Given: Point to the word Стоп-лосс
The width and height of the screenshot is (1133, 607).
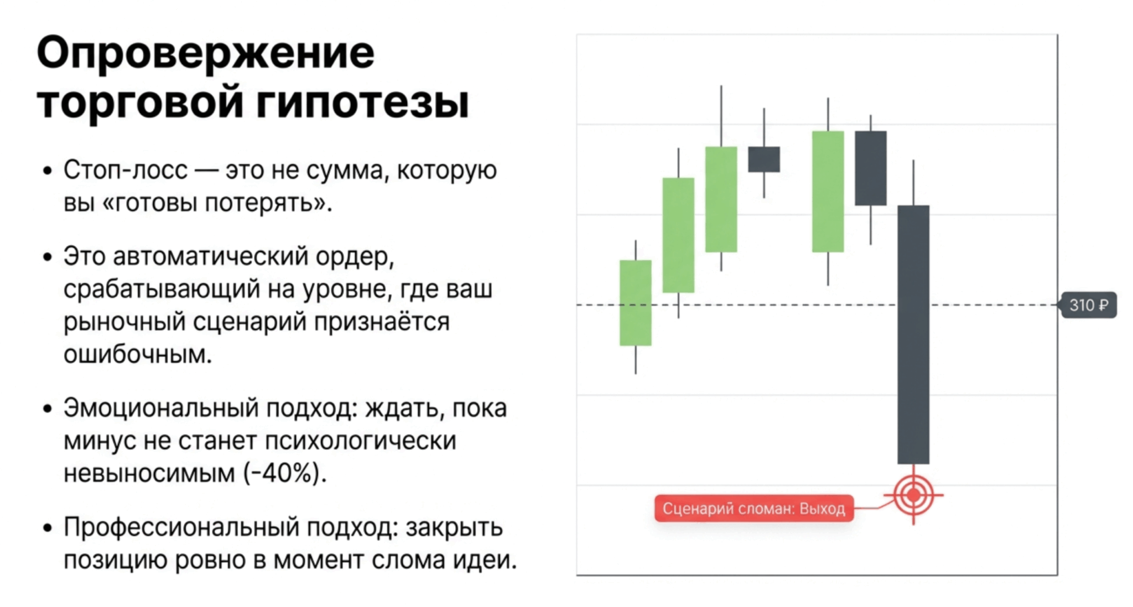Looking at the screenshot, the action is pos(126,170).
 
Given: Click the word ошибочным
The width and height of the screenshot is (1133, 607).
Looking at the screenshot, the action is pos(138,355).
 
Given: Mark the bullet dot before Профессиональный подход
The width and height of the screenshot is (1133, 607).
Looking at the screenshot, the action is pos(48,528).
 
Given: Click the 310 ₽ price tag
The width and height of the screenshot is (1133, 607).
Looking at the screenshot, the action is pos(1088,305).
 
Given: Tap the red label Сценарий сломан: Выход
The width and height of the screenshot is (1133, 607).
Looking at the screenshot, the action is pos(754,509).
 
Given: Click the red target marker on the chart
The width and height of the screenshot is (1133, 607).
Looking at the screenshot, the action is pos(913,495).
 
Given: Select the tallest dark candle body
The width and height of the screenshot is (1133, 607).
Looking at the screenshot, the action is pos(913,335).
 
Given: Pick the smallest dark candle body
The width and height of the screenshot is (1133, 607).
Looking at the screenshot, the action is pos(764,159).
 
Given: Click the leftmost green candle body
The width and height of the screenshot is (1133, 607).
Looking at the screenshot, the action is pos(636,303).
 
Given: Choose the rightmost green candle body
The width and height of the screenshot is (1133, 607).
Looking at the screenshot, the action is pos(828,191).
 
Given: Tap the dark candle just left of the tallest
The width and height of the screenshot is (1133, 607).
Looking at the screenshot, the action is pos(871,168).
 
